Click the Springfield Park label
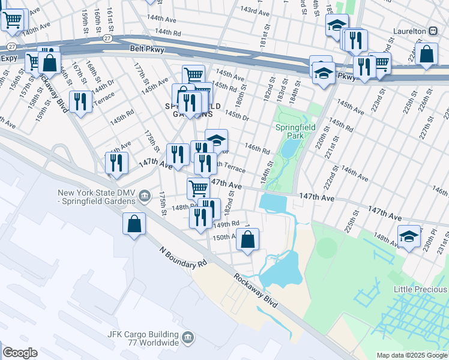click(x=291, y=131)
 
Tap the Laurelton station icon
click(x=432, y=31)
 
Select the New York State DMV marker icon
click(x=144, y=196)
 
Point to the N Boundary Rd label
click(x=183, y=256)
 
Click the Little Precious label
click(x=420, y=289)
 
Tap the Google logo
click(x=19, y=353)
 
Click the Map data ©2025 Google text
click(x=412, y=355)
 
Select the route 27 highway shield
click(x=106, y=38)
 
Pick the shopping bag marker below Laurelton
click(x=426, y=54)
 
